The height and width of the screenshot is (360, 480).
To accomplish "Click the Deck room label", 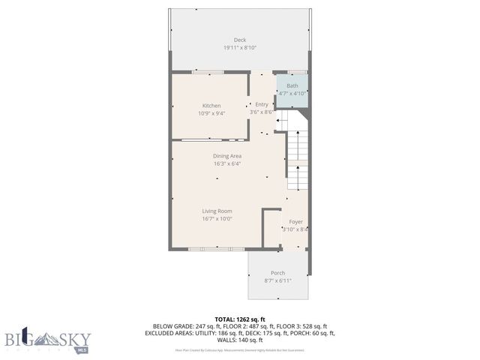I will pyautogui.click(x=239, y=40).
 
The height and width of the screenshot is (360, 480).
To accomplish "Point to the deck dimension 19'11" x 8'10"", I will pyautogui.click(x=239, y=48).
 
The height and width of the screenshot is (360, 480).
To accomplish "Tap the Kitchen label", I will pyautogui.click(x=211, y=106).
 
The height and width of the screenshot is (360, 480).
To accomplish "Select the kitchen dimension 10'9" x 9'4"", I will pyautogui.click(x=211, y=114).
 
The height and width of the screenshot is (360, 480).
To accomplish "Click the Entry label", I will pyautogui.click(x=262, y=104).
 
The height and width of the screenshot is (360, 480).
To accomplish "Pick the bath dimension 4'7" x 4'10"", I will pyautogui.click(x=292, y=94).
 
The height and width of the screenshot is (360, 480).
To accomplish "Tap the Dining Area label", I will pyautogui.click(x=226, y=156).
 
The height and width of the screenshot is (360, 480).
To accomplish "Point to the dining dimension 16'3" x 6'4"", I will pyautogui.click(x=226, y=163).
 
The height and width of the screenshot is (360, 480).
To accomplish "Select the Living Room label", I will pyautogui.click(x=217, y=211).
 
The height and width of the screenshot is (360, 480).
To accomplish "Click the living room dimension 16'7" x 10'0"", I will pyautogui.click(x=217, y=219).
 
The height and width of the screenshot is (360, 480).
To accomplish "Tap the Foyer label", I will pyautogui.click(x=295, y=222).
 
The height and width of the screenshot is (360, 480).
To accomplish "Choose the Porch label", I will pyautogui.click(x=277, y=273).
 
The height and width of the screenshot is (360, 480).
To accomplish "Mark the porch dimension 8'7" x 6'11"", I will pyautogui.click(x=277, y=280).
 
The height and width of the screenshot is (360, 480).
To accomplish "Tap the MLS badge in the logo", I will pyautogui.click(x=82, y=349).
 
